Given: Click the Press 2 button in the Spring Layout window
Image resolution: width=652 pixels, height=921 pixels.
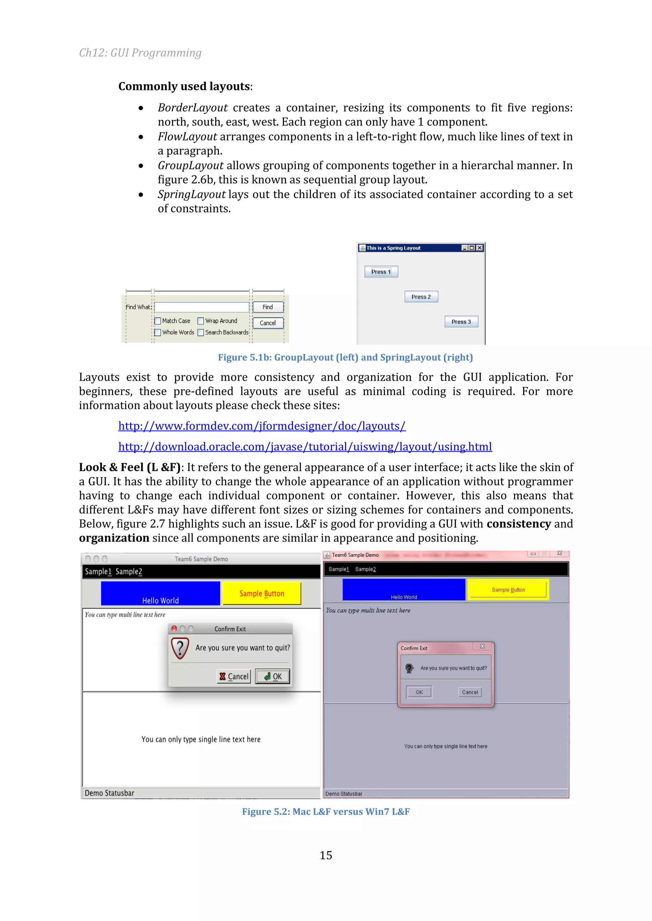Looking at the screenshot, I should [x=421, y=297].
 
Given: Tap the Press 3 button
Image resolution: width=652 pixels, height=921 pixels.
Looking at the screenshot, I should [x=461, y=322].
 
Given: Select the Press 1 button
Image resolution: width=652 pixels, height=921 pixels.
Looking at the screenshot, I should [x=381, y=272].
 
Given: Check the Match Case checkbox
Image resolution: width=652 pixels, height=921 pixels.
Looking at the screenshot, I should [x=158, y=321].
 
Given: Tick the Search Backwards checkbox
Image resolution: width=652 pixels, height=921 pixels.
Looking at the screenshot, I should [x=201, y=333].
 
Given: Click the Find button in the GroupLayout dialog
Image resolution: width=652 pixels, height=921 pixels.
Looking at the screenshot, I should [x=268, y=307].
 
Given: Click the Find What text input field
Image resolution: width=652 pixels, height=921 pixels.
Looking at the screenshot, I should [x=202, y=307].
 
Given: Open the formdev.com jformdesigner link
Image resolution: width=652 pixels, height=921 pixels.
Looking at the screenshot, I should [x=262, y=426].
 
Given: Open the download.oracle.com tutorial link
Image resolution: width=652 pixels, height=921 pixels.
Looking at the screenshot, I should [x=305, y=447].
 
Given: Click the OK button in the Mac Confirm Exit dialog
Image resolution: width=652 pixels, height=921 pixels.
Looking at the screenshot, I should [x=273, y=676].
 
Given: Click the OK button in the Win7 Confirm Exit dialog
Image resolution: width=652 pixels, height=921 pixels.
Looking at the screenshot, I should [x=419, y=692].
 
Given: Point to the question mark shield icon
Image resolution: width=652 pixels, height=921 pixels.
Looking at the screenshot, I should [x=180, y=648].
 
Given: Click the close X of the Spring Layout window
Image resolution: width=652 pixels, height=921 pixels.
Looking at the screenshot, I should [x=479, y=248].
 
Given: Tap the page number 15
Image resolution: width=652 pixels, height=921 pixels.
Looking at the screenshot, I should [x=326, y=855].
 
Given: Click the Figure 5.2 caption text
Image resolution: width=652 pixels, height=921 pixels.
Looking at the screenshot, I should [x=326, y=812].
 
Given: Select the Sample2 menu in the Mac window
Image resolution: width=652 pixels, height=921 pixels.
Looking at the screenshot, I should [x=129, y=571].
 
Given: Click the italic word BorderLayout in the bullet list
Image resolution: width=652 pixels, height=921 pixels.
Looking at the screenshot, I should [x=193, y=108].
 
